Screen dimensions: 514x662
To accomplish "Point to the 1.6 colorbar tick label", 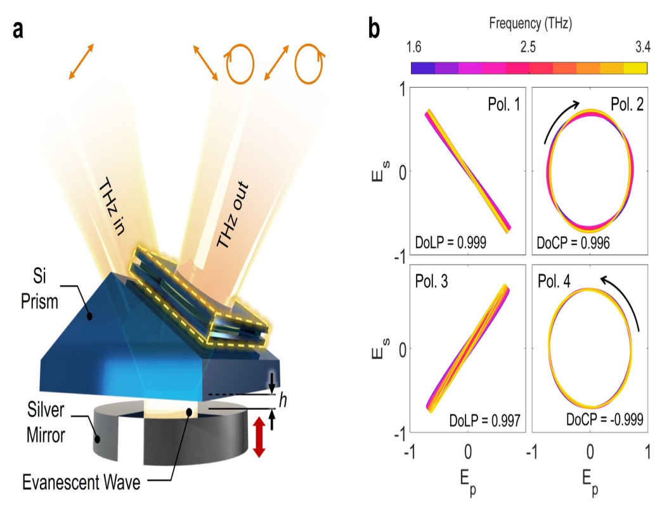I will pyautogui.click(x=413, y=48).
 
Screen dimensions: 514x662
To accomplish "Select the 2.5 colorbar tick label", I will pyautogui.click(x=528, y=48).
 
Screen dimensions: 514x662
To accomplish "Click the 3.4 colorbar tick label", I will pyautogui.click(x=642, y=48).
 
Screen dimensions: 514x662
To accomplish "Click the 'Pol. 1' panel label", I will pyautogui.click(x=500, y=104).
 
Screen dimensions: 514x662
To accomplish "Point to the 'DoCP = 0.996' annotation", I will pyautogui.click(x=573, y=242).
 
